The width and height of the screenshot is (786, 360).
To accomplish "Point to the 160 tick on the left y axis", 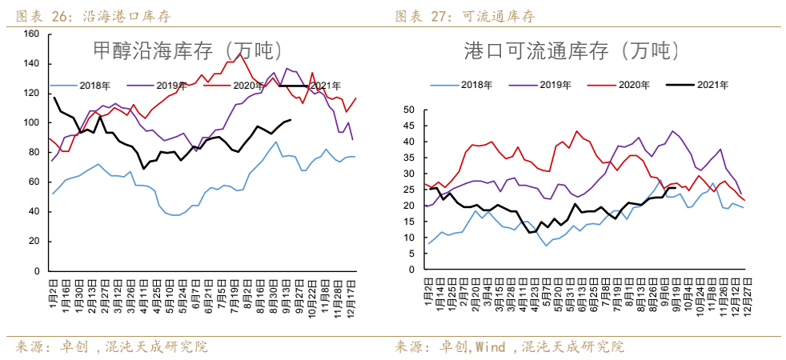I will click(x=31, y=34).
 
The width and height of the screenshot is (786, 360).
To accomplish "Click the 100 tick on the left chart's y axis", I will click(x=31, y=122).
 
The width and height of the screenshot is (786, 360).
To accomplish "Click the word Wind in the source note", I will click(x=491, y=347).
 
